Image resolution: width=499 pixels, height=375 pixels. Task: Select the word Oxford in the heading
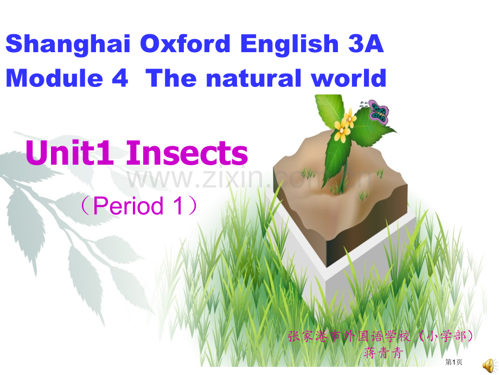coord(185,43)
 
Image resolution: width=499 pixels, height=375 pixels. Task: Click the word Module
coord(54,78)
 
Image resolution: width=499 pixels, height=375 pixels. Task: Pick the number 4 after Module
coord(120,78)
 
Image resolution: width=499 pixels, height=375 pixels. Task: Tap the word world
coord(348,78)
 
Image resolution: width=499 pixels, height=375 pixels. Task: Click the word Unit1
coord(69,153)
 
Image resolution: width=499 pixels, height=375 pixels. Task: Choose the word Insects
coord(187,153)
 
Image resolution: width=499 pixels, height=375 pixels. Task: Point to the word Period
coord(128,205)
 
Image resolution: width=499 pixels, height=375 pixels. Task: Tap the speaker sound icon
coord(490,365)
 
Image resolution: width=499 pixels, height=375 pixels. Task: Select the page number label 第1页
coord(453,362)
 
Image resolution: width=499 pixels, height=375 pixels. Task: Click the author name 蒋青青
coord(383,353)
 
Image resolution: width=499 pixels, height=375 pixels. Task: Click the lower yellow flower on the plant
coord(342,131)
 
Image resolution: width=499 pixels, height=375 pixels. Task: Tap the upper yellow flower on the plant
coord(350,118)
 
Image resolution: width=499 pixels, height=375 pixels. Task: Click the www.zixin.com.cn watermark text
coord(250,179)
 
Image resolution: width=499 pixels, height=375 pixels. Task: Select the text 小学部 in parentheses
coord(446,336)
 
